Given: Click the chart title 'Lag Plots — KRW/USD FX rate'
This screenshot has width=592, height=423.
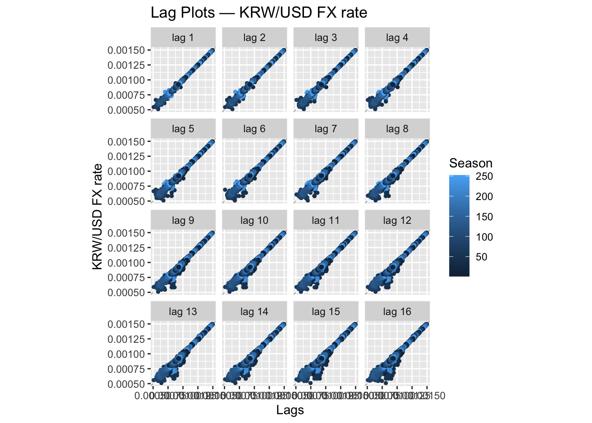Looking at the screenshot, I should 259,12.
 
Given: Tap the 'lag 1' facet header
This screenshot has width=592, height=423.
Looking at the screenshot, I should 183,38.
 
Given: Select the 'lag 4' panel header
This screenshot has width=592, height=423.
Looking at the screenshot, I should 397,38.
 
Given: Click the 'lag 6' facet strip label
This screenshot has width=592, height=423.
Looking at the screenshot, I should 254,129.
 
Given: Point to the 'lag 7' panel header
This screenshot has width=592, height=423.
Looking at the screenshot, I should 326,129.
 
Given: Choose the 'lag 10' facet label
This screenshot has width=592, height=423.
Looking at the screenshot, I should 254,220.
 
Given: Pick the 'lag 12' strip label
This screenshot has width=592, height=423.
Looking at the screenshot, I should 397,220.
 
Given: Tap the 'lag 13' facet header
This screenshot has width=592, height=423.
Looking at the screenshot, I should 183,312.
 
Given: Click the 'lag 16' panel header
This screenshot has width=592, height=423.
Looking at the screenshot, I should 397,312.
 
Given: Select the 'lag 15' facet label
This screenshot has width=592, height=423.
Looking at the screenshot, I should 326,312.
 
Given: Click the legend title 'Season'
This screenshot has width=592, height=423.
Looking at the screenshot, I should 470,163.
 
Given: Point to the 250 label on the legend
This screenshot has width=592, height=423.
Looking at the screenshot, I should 484,176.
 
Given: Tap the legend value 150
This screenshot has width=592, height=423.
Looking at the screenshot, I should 484,217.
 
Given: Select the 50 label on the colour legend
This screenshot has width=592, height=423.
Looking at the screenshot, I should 481,257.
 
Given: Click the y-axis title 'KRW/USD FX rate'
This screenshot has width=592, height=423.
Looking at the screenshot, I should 97,216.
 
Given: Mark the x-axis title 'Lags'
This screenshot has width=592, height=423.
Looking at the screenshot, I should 290,410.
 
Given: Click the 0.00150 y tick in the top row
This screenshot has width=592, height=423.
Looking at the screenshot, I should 126,50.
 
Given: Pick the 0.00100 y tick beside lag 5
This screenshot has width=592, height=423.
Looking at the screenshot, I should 126,171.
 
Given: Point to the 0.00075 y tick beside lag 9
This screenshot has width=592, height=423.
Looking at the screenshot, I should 126,278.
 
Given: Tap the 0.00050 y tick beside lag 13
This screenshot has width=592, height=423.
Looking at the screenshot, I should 126,384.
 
